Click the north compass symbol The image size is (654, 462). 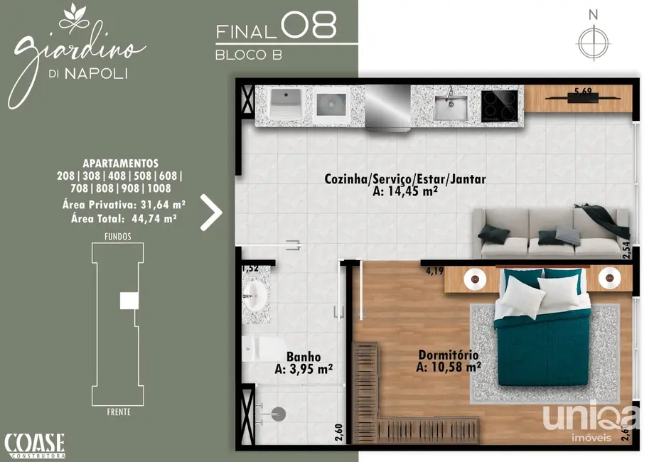click(x=594, y=42)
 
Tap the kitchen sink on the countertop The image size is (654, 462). click(x=451, y=107)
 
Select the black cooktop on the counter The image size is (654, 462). click(x=501, y=106)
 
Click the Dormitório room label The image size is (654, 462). click(x=449, y=360)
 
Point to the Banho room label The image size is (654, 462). click(x=304, y=362)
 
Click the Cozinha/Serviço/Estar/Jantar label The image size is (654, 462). click(x=405, y=185)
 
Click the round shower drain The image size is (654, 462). click(x=279, y=412)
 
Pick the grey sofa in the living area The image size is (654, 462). click(x=552, y=233)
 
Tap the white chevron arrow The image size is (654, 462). click(x=211, y=212)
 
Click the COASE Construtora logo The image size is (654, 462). click(x=35, y=445)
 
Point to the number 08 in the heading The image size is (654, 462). click(x=309, y=26)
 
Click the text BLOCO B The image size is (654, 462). click(x=249, y=55)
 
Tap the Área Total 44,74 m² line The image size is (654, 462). click(x=124, y=218)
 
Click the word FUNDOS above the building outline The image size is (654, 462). click(x=117, y=236)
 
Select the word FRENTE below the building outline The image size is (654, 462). click(x=117, y=412)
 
